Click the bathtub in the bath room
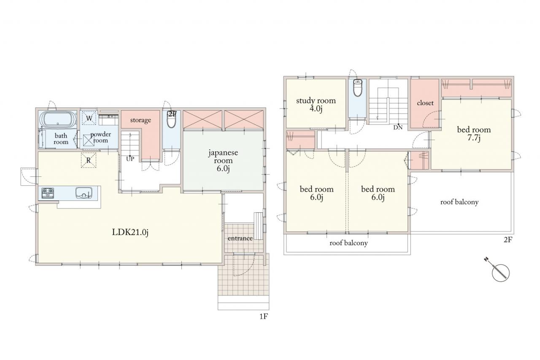pos(58,119)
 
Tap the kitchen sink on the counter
pos(84,193)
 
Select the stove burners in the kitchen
pos(48,193)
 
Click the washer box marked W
pos(89,118)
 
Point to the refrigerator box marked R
pos(89,160)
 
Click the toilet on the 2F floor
pos(357,88)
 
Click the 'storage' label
pos(140,120)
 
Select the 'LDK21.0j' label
pos(130,232)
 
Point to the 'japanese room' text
pos(223,157)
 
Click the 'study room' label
pos(316,100)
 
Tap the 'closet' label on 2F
pos(425,103)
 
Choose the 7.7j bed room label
pos(474,134)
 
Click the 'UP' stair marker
pos(130,159)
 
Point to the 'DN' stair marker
pos(398,127)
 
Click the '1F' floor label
pos(264,317)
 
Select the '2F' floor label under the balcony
pos(508,240)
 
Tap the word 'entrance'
pos(240,238)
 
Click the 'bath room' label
pos(61,139)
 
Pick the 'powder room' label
pos(100,137)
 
